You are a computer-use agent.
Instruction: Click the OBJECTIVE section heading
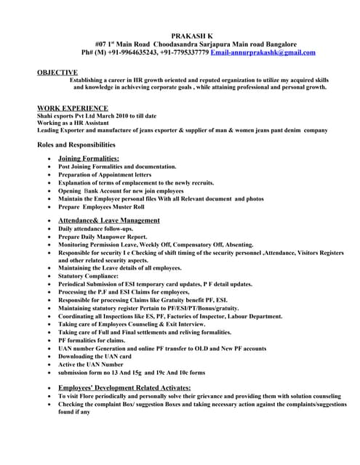pyautogui.click(x=57, y=73)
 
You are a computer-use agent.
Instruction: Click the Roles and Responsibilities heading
pyautogui.click(x=76, y=145)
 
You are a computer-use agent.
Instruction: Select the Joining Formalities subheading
pyautogui.click(x=89, y=158)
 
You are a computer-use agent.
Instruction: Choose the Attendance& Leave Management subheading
pyautogui.click(x=109, y=220)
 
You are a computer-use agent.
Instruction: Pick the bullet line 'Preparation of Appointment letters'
pyautogui.click(x=105, y=174)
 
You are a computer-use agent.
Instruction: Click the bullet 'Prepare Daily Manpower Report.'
pyautogui.click(x=103, y=237)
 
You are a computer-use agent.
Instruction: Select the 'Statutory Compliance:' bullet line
pyautogui.click(x=91, y=276)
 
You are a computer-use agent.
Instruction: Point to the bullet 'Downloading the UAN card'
pyautogui.click(x=95, y=356)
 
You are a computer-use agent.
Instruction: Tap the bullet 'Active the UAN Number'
pyautogui.click(x=91, y=364)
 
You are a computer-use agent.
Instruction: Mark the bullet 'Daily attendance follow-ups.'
pyautogui.click(x=98, y=229)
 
